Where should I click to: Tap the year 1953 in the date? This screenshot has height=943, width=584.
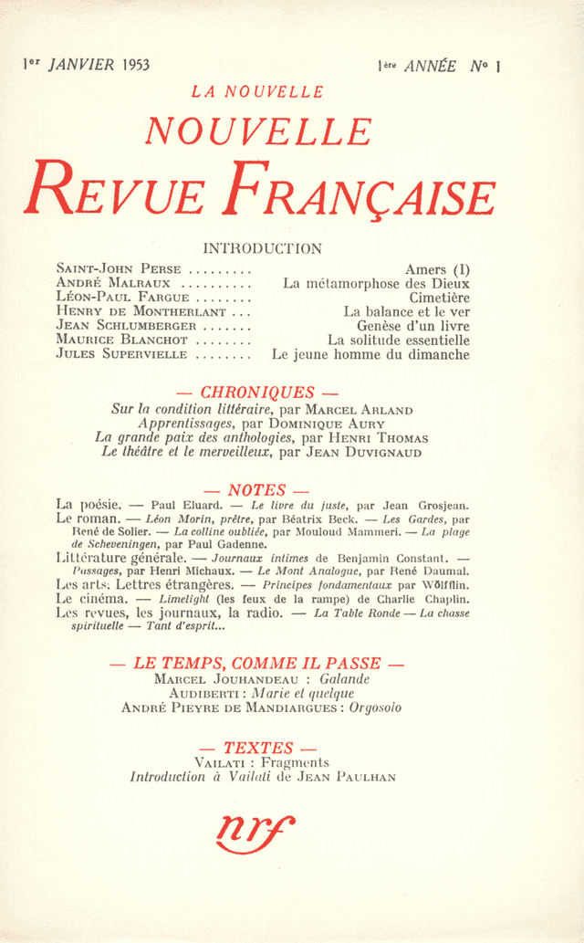coord(132,66)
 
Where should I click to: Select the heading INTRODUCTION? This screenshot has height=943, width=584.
coord(262,248)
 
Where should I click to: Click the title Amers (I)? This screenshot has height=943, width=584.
coord(437,269)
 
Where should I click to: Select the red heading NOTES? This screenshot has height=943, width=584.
coord(257,491)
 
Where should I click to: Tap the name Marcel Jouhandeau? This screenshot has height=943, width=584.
coord(215,679)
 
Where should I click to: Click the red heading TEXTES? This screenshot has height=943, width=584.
coord(258,748)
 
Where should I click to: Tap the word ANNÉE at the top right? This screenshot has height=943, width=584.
coord(431,66)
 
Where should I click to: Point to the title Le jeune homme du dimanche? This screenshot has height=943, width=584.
coord(370,354)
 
